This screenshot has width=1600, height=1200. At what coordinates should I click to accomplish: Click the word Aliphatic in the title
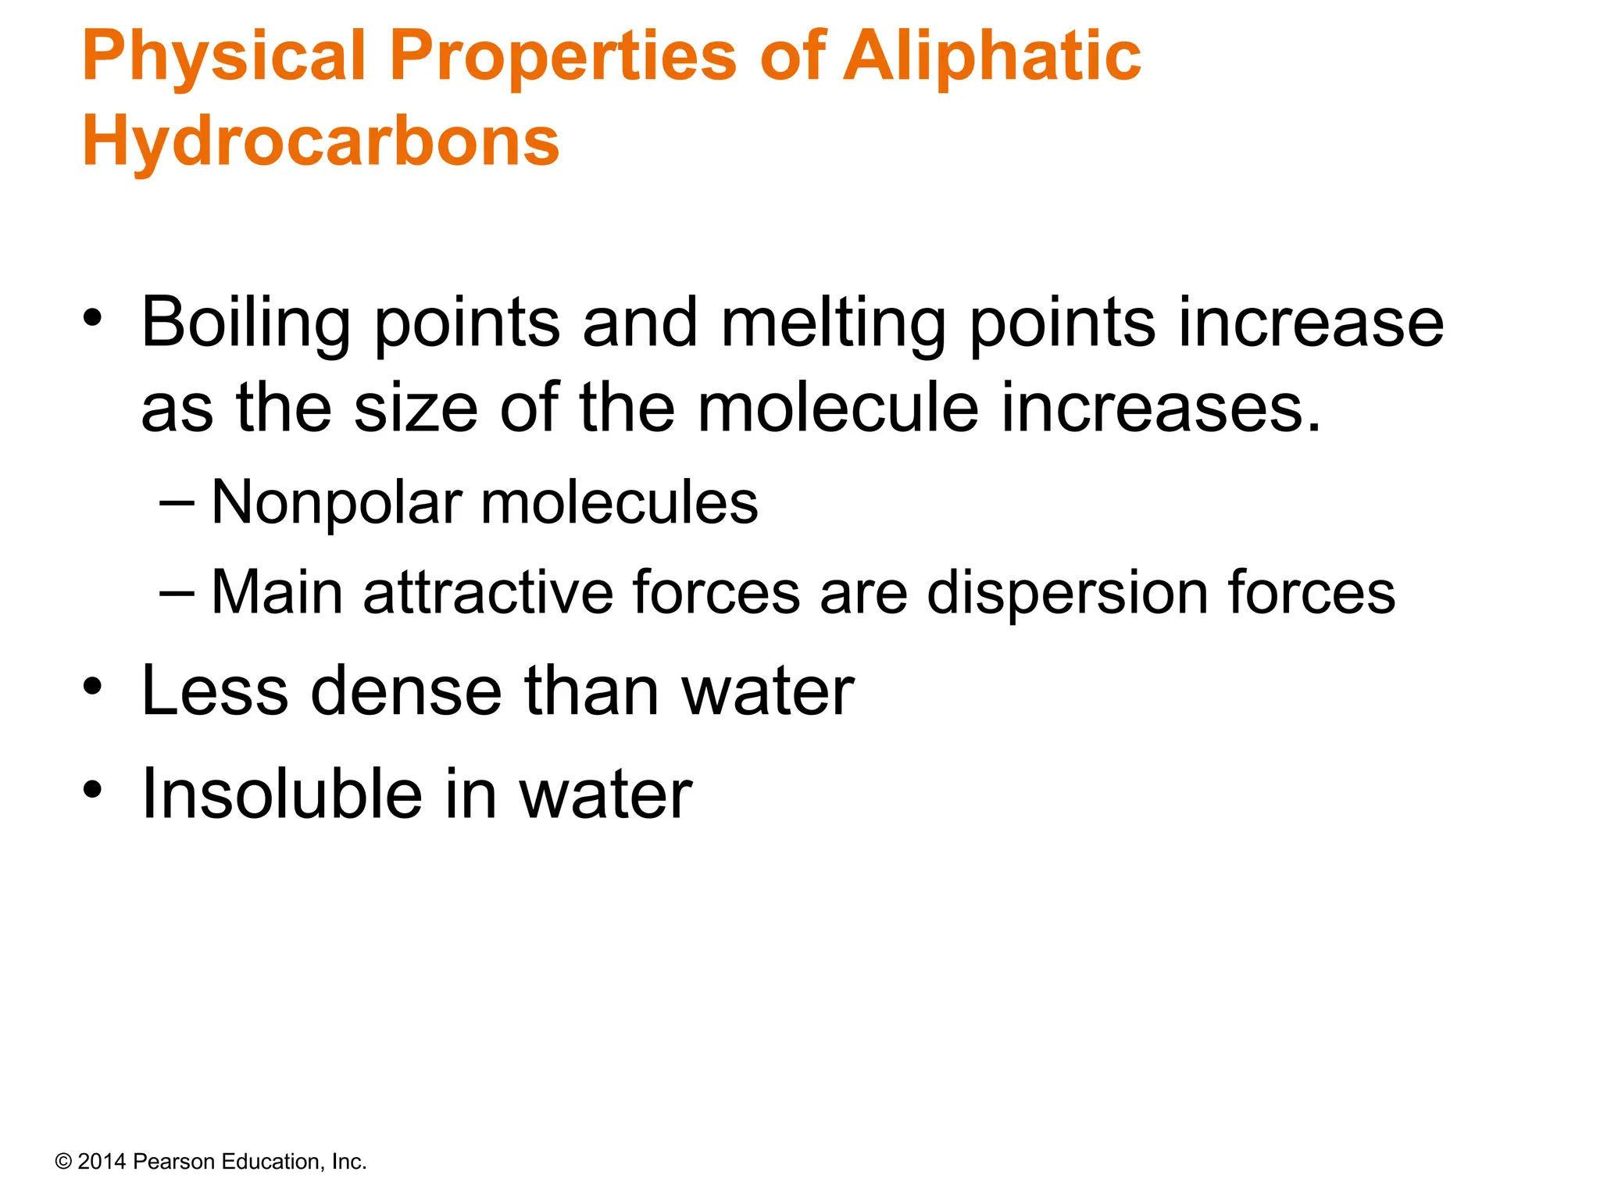tap(991, 56)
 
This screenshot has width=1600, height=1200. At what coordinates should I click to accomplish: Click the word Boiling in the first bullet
tap(245, 323)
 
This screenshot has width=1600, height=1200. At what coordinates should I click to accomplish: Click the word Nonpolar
tap(337, 502)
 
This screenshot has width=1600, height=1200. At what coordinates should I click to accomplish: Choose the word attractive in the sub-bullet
tap(488, 592)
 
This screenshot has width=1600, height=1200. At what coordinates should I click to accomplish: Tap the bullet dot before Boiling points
tap(92, 319)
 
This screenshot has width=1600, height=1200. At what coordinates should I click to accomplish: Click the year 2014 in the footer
tap(102, 1162)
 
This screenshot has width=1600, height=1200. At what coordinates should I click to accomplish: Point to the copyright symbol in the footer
tap(63, 1162)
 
